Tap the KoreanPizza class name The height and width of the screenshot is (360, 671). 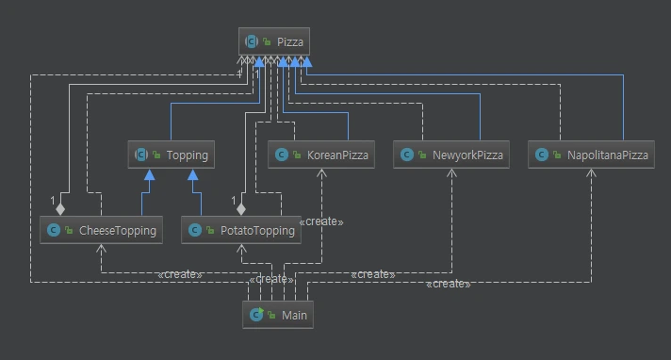[336, 155]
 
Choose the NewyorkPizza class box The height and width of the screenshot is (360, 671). [451, 155]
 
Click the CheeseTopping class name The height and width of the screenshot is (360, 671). [117, 229]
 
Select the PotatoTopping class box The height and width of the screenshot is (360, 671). [241, 229]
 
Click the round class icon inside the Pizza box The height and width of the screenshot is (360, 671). [252, 41]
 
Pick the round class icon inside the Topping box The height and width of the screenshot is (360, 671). [141, 155]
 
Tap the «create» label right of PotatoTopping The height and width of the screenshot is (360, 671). [320, 222]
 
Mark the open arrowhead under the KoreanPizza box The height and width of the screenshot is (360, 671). [322, 173]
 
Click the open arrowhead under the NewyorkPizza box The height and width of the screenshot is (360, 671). [453, 173]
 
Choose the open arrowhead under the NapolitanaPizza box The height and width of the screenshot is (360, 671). [592, 173]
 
